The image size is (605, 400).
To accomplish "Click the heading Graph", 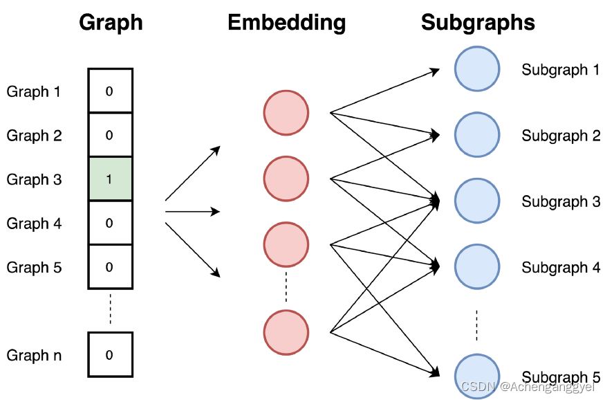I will point(111,22).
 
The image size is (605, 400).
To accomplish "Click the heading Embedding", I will point(286,22).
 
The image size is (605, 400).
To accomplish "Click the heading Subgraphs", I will point(478,22).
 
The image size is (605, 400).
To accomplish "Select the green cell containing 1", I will point(109,179).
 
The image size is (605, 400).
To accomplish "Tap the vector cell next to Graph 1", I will point(109,91).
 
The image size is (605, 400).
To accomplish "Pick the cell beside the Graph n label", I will point(109,355).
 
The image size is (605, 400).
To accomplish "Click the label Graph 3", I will point(34,179).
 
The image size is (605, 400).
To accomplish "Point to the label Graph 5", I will point(34,267).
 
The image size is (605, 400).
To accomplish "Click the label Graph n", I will point(34,356).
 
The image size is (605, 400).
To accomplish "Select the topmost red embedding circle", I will point(286,112).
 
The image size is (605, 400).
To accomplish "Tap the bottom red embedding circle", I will point(286,332).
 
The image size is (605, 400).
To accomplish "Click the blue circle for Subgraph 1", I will point(476,69).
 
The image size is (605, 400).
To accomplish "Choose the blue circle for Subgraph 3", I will point(476,201).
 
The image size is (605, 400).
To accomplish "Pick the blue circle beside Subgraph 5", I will point(476,376).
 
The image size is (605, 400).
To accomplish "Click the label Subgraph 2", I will point(561,136).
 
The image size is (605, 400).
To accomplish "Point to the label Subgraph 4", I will point(561,267).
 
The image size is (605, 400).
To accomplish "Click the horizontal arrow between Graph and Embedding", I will point(192,211).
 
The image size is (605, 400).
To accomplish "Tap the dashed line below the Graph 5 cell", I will point(109,310).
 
